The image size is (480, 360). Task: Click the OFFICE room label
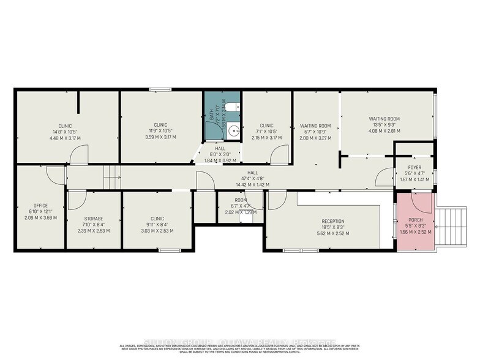click(x=40, y=206)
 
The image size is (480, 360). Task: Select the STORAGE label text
click(x=94, y=219)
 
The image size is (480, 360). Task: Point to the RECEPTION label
click(x=333, y=221)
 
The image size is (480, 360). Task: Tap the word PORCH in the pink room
click(x=415, y=219)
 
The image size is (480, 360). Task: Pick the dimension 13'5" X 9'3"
click(x=384, y=125)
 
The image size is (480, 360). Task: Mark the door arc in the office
click(x=55, y=174)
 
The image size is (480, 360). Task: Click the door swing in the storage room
click(x=77, y=199)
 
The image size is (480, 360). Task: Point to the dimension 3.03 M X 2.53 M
click(x=157, y=231)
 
